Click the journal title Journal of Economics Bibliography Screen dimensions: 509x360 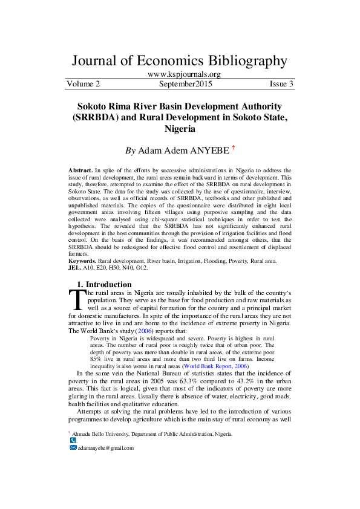(x=180, y=60)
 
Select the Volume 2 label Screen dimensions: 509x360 (x=83, y=83)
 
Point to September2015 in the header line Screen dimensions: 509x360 (x=182, y=83)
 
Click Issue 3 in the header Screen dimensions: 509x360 (x=281, y=83)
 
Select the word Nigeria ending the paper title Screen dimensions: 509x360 (x=180, y=129)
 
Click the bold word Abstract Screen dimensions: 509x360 (x=81, y=171)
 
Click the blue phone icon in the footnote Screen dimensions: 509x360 (x=73, y=441)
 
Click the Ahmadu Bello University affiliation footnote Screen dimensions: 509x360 (x=151, y=434)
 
